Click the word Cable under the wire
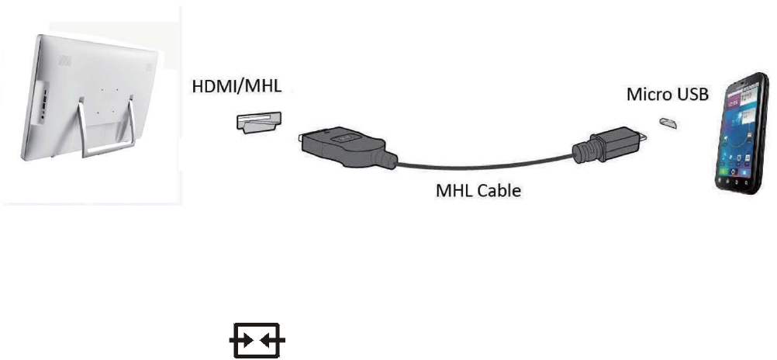pos(501,189)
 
